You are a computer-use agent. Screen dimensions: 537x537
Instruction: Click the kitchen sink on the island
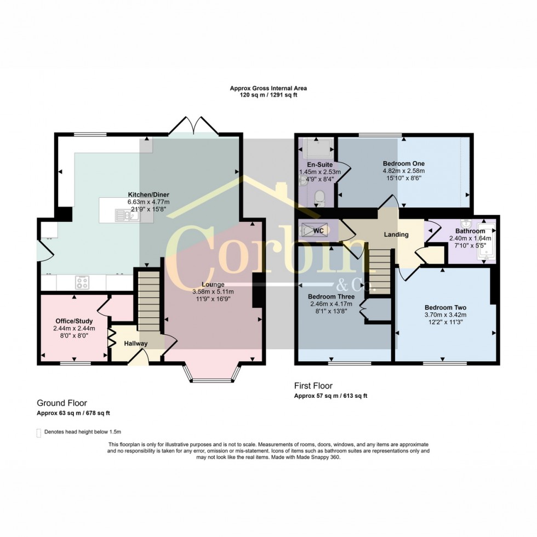coord(127,216)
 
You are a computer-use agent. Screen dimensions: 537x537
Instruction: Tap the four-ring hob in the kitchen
coord(83,283)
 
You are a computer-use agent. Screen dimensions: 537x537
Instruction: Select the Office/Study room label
coord(74,321)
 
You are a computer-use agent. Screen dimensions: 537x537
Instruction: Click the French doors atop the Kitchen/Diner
coord(194,125)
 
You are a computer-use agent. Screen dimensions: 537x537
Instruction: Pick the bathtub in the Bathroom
coord(486,241)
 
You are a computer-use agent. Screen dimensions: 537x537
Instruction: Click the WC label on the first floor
coord(319,231)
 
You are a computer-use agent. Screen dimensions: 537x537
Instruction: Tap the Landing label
coord(396,235)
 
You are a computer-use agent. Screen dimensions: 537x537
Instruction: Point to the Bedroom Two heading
coord(445,307)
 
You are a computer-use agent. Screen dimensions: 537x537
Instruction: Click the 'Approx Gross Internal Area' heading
coord(268,88)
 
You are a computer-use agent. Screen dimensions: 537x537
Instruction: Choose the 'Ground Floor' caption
coord(61,403)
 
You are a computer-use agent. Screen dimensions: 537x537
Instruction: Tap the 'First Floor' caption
coord(313,386)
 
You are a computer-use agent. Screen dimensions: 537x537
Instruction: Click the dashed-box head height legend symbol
coord(39,432)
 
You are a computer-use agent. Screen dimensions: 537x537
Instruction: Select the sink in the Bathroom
coord(466,224)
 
